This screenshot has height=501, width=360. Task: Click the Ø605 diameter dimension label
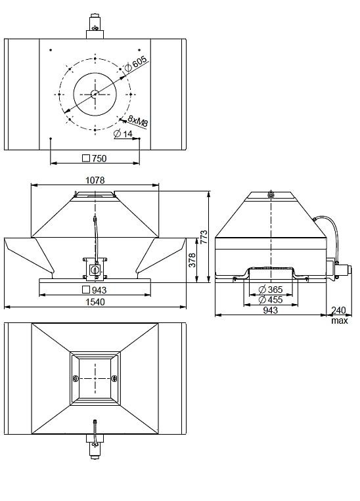(x=137, y=64)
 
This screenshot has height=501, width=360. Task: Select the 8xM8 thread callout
(x=137, y=121)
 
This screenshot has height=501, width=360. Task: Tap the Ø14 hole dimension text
(x=123, y=134)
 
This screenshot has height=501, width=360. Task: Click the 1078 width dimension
(x=95, y=179)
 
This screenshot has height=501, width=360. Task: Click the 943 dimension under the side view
(x=270, y=311)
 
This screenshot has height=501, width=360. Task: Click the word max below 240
(x=340, y=320)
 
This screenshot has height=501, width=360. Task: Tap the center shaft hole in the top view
(x=95, y=94)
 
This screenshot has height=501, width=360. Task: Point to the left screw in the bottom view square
(x=76, y=378)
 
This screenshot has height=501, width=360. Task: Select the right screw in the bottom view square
(x=114, y=378)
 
